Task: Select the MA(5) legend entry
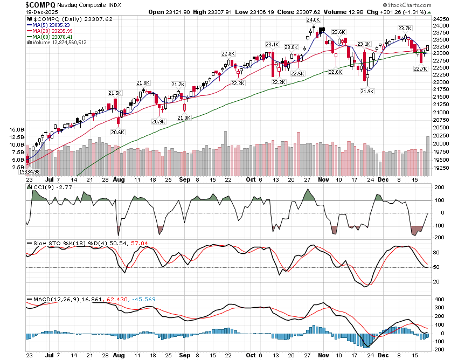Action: (51, 25)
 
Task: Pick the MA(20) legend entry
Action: (52, 31)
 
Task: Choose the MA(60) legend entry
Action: (52, 37)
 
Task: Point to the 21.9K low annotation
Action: (367, 92)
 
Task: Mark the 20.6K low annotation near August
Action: (117, 132)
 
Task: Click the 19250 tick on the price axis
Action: (441, 168)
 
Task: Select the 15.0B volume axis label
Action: (17, 130)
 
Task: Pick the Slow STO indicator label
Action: (45, 244)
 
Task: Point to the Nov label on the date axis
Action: (323, 356)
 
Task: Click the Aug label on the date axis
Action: (119, 356)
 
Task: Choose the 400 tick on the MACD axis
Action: (439, 299)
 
